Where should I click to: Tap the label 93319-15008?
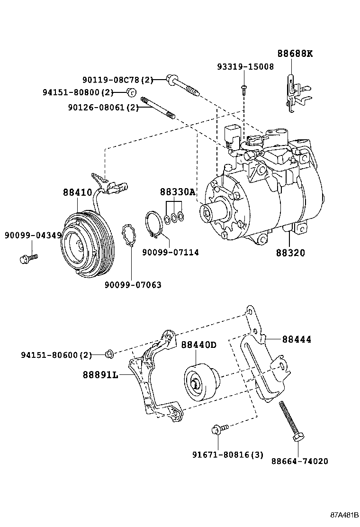pos(245,67)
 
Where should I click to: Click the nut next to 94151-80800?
pos(132,92)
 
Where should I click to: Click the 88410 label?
pos(77,193)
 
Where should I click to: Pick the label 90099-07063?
pos(133,285)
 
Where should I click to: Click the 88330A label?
pos(177,192)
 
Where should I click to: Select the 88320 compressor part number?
pos(291,253)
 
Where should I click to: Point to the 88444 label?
pos(297,339)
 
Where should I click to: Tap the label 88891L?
pos(100,374)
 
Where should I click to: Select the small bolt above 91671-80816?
pos(220,428)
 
